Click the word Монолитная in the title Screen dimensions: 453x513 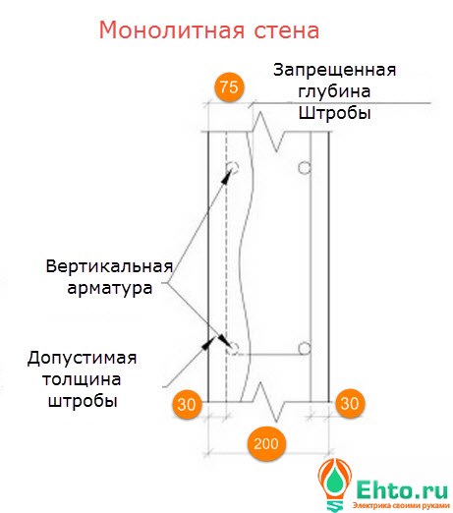[172, 29]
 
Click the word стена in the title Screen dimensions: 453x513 [287, 30]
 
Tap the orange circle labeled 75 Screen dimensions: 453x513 [229, 87]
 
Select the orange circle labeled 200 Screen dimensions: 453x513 [265, 444]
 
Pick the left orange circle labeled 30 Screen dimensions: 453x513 [187, 404]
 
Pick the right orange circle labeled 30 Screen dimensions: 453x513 [350, 403]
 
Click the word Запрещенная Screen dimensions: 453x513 [334, 71]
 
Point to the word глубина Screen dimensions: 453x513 [334, 91]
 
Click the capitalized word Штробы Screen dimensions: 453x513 [334, 113]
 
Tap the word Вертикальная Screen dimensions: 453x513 [109, 266]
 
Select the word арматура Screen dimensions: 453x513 [110, 288]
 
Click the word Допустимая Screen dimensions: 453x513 [82, 358]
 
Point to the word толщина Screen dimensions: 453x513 [82, 379]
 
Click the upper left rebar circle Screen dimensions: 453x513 [232, 167]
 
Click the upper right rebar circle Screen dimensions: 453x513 [305, 168]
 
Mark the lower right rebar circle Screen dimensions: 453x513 [305, 349]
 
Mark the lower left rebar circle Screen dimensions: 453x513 [233, 348]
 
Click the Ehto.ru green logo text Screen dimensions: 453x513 [402, 489]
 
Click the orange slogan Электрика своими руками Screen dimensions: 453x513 [401, 506]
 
